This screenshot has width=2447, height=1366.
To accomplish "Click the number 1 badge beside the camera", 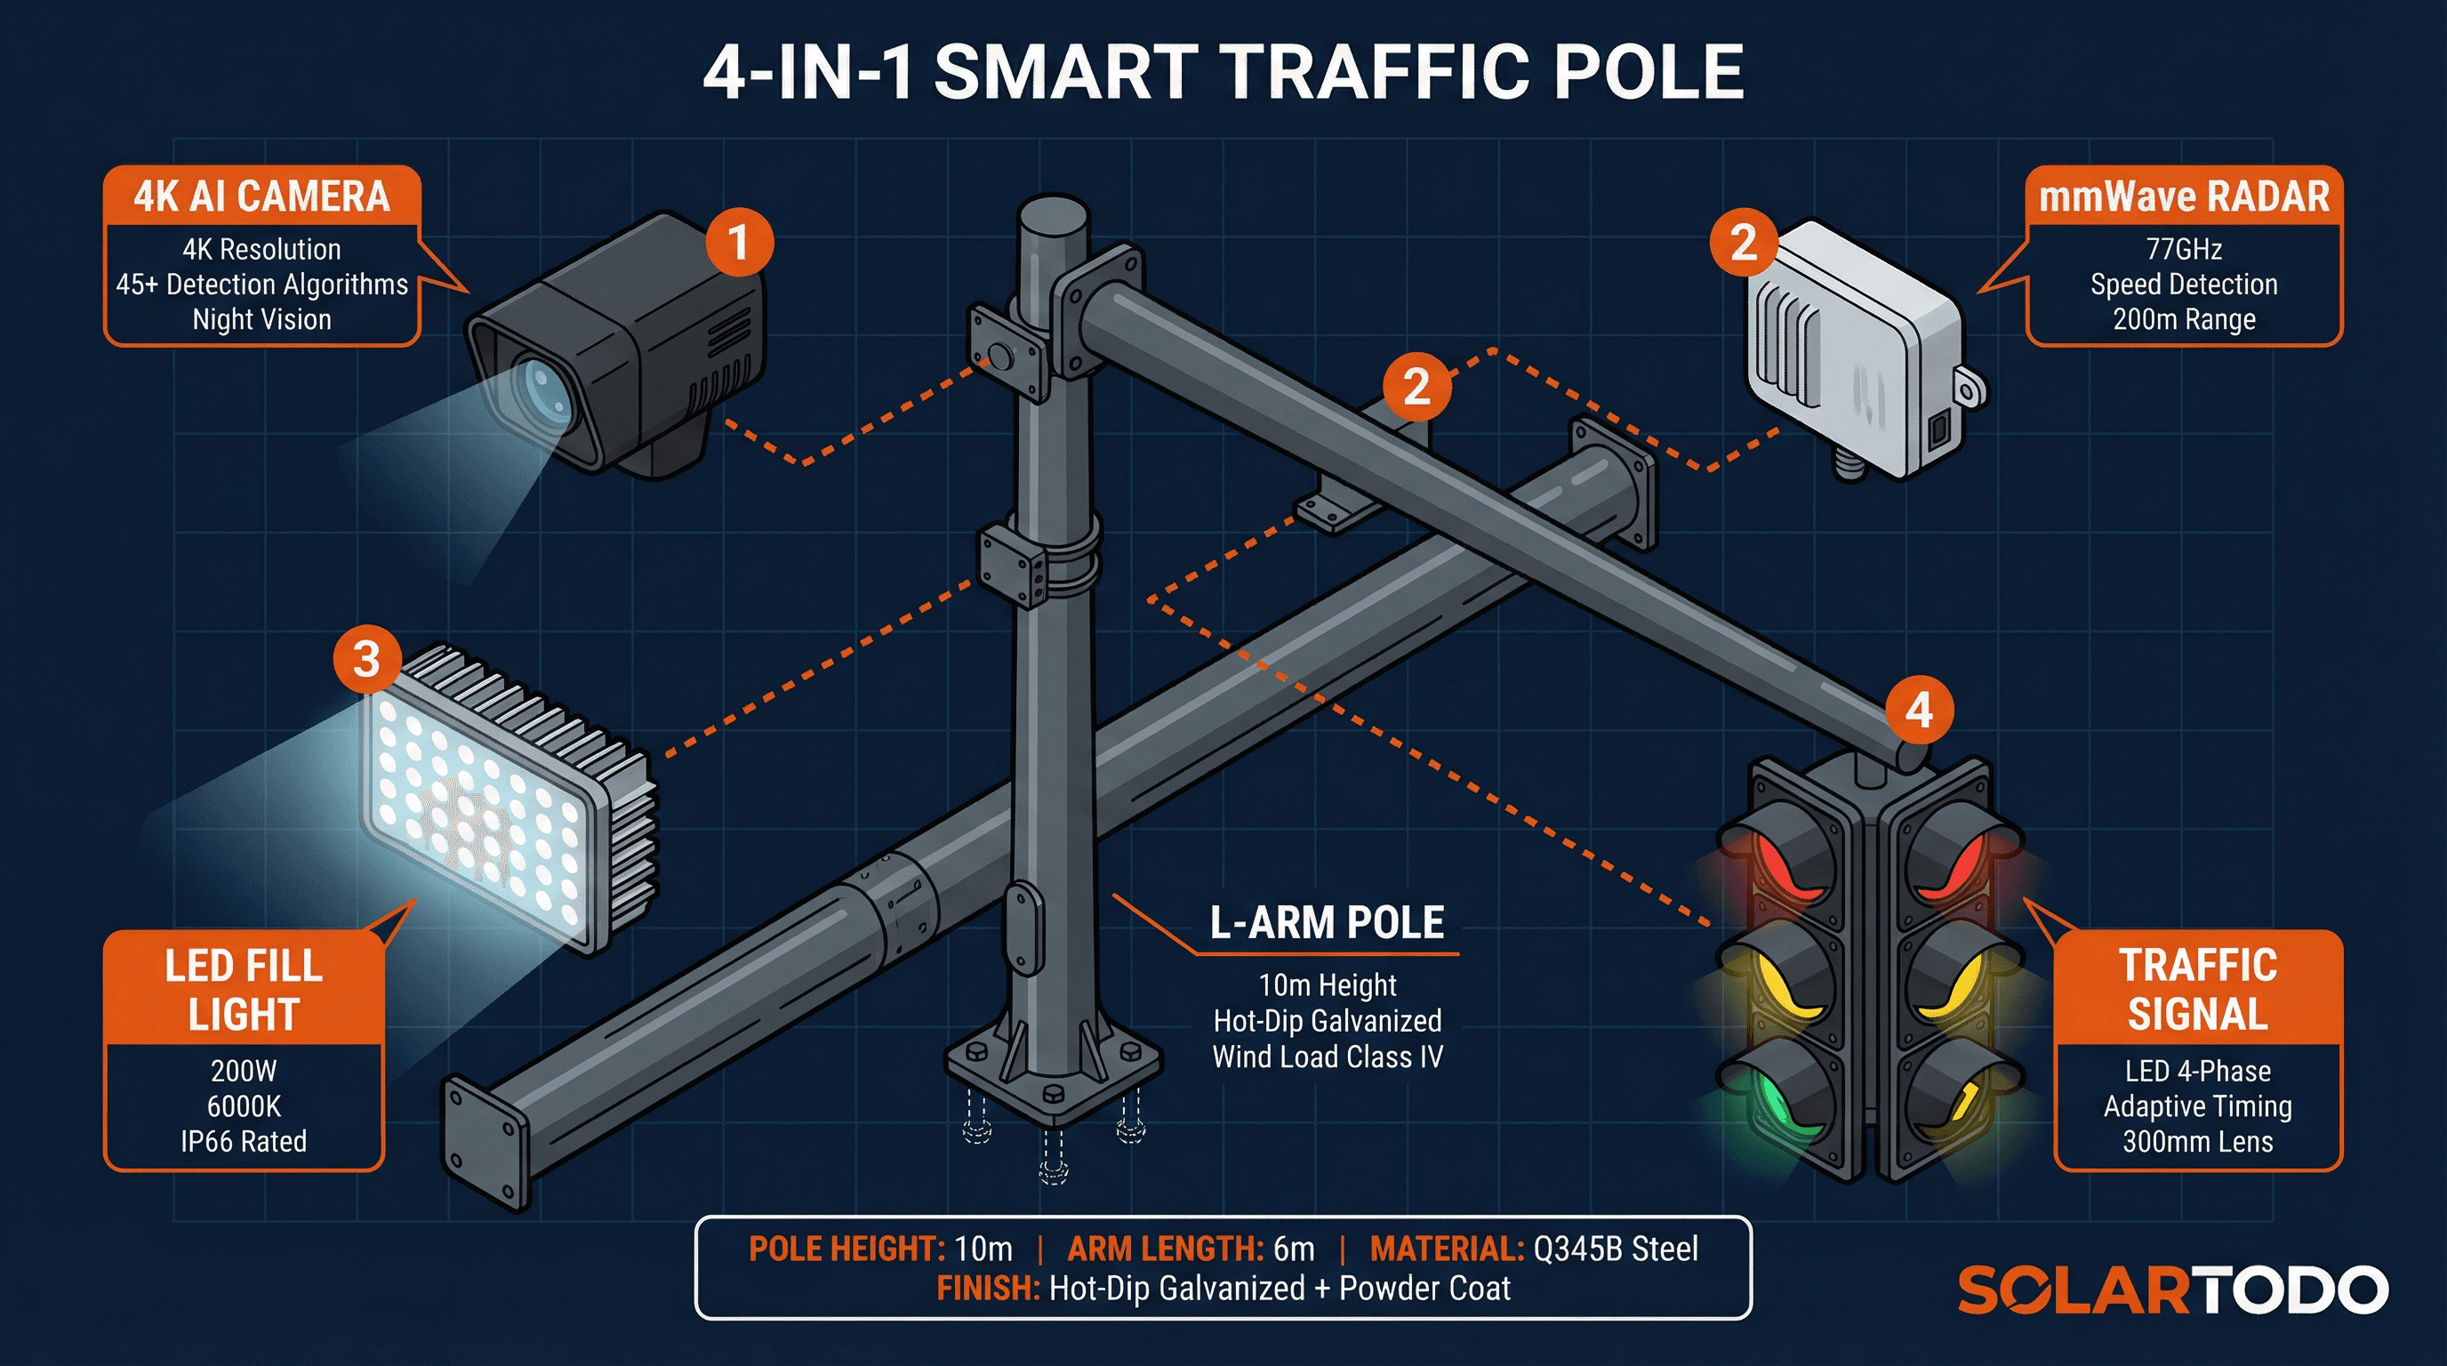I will pyautogui.click(x=739, y=242).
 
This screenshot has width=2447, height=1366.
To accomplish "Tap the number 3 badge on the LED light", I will pyautogui.click(x=366, y=659).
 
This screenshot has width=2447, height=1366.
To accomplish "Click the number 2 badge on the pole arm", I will pyautogui.click(x=1416, y=387).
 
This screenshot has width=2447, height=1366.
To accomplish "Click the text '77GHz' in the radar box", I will pyautogui.click(x=2184, y=249).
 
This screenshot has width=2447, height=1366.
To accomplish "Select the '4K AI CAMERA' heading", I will pyautogui.click(x=261, y=197).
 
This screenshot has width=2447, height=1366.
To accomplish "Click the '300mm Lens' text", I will pyautogui.click(x=2197, y=1141).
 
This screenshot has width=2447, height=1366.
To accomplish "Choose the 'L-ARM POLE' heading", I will pyautogui.click(x=1326, y=922).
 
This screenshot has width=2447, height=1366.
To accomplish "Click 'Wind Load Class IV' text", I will pyautogui.click(x=1327, y=1057).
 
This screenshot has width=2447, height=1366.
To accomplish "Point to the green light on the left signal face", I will pyautogui.click(x=1779, y=1102).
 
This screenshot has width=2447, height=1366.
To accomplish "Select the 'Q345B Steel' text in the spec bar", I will pyautogui.click(x=1615, y=1249).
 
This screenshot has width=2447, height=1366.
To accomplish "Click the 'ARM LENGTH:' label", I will pyautogui.click(x=1165, y=1249).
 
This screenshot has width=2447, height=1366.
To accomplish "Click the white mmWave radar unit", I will pyautogui.click(x=1852, y=347).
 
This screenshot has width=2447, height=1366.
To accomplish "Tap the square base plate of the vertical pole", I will pyautogui.click(x=1053, y=1069).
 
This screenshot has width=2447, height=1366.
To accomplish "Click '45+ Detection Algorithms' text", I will pyautogui.click(x=261, y=284).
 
